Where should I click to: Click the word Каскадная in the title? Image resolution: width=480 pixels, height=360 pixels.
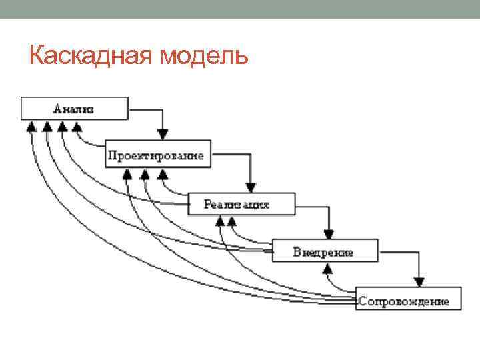point(91,55)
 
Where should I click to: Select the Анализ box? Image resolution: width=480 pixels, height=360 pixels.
point(74,109)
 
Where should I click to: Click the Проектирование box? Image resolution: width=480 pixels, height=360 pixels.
point(158,155)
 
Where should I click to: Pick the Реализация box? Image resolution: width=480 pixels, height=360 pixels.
point(241,203)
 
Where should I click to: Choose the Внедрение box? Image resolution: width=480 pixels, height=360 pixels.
point(325,251)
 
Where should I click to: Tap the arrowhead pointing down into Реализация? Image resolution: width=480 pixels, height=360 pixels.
point(250,186)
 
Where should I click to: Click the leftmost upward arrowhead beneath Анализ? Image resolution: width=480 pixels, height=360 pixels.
point(29,126)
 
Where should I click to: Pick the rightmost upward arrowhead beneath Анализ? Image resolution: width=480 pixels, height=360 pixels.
point(77,126)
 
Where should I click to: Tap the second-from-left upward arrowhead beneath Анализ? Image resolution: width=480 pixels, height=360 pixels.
point(46,126)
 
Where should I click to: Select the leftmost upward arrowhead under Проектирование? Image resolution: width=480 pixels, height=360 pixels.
point(128,175)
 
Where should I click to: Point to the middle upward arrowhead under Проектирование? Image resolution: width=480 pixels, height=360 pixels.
point(145,175)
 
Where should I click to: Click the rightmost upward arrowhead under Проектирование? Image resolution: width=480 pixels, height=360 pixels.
point(162,175)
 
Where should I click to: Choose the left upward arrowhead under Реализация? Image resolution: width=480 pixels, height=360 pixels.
point(220,221)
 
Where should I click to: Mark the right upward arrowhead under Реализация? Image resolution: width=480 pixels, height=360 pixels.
point(233,221)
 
